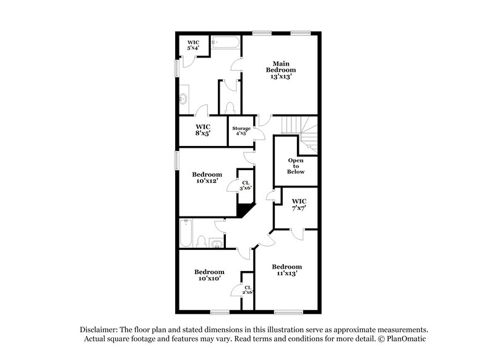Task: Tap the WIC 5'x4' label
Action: (x=194, y=45)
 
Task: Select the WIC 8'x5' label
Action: (x=204, y=129)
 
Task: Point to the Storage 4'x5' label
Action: (x=241, y=131)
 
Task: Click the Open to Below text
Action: (x=296, y=166)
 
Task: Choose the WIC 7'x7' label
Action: (x=299, y=205)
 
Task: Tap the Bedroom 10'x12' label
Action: (x=207, y=178)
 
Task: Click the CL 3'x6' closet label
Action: (x=246, y=185)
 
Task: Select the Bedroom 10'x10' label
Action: (x=209, y=275)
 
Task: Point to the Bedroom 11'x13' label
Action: (x=286, y=270)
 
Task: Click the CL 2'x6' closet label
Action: (x=247, y=290)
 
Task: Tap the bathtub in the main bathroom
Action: (x=225, y=43)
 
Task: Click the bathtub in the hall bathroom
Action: (x=186, y=233)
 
